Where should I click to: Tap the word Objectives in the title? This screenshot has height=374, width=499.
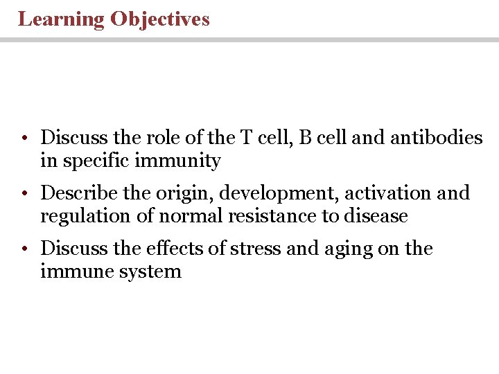coord(159,19)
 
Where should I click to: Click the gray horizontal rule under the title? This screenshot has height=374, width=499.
coord(249,40)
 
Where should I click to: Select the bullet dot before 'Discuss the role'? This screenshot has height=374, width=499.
coord(24,139)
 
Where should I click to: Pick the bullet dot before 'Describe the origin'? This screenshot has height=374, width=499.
coord(24,194)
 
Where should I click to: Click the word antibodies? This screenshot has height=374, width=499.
coord(437,138)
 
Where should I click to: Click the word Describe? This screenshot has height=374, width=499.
coord(75,193)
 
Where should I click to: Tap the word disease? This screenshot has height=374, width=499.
coord(375,216)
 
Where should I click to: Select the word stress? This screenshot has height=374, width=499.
coord(255,249)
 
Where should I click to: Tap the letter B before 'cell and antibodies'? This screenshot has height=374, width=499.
coord(306,138)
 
